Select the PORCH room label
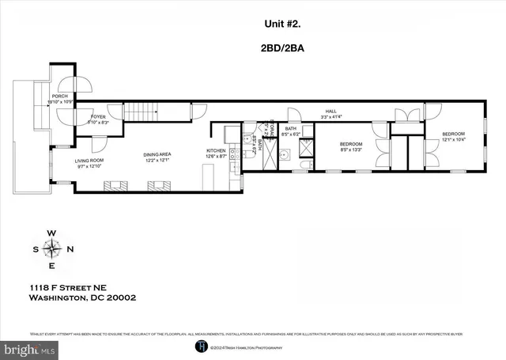(59, 97)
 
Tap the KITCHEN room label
(217, 150)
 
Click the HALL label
(331, 111)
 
